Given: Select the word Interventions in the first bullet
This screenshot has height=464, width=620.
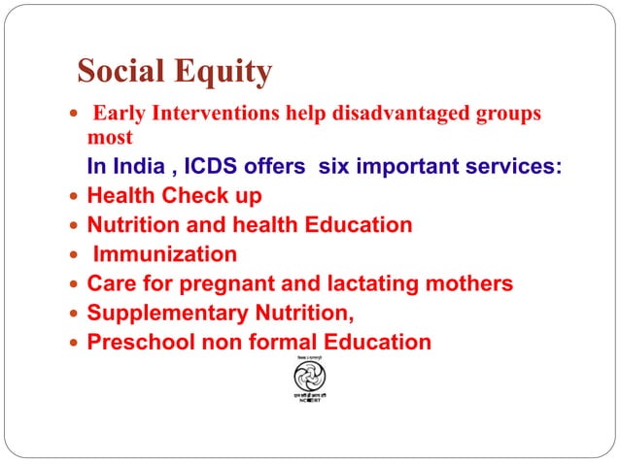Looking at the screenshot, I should tap(207, 115).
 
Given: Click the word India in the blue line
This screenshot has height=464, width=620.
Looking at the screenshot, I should tap(136, 166).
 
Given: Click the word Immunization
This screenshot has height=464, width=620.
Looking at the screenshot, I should tap(164, 254).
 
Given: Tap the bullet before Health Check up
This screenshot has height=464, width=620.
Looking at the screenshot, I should tap(74, 197).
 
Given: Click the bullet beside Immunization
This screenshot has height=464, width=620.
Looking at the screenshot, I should tap(74, 255).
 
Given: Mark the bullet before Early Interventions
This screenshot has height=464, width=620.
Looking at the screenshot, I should tap(74, 116).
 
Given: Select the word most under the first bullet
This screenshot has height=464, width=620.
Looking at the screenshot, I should tap(109, 137).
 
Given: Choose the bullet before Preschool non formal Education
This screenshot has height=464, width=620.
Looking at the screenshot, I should tap(74, 343).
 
